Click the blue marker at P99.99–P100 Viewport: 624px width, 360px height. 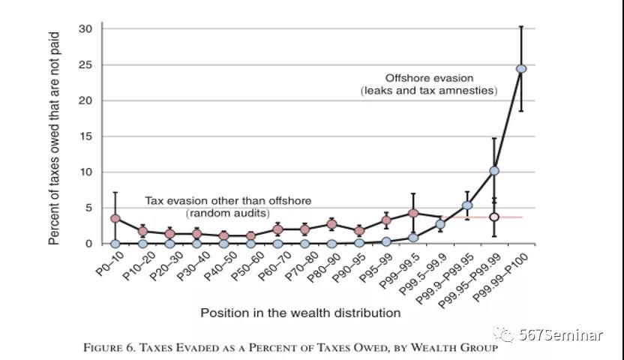tap(520, 68)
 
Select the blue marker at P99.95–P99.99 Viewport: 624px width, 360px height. tap(493, 171)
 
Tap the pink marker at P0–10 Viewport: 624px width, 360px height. tap(115, 218)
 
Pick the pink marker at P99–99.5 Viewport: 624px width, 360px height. tap(412, 213)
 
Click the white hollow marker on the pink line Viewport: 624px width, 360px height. tap(493, 217)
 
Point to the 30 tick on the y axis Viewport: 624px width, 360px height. tap(87, 28)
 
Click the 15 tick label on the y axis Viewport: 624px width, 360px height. tap(87, 136)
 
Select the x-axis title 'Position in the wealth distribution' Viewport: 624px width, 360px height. tap(300, 312)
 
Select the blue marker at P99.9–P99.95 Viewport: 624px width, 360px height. tap(466, 205)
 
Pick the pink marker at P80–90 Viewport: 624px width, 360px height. tap(331, 224)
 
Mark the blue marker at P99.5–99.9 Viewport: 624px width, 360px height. tap(440, 223)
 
